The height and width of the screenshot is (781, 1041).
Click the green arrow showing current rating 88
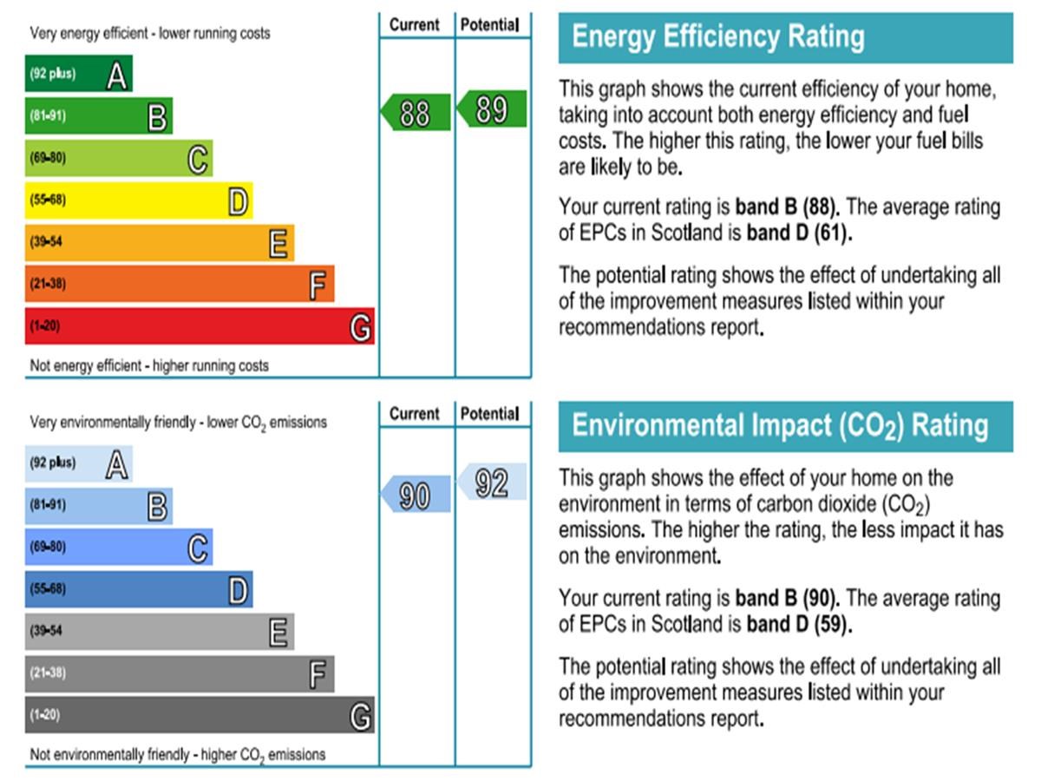click(x=416, y=113)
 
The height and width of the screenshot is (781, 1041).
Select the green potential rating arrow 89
click(x=492, y=109)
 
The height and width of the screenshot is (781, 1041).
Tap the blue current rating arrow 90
click(x=416, y=495)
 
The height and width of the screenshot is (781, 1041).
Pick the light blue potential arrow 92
click(x=492, y=482)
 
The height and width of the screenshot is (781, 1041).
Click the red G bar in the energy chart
click(x=200, y=326)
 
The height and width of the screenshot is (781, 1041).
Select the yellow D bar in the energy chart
click(x=139, y=200)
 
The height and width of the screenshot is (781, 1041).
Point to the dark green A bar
click(x=78, y=74)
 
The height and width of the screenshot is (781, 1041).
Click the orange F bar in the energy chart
click(x=179, y=284)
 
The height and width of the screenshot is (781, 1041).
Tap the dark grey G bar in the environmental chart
click(x=200, y=715)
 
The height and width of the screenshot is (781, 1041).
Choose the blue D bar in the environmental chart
click(x=139, y=589)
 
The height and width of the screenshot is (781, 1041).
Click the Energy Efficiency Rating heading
click(x=718, y=37)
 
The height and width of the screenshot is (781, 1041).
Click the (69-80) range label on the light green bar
click(x=49, y=158)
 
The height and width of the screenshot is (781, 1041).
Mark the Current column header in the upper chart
click(x=415, y=24)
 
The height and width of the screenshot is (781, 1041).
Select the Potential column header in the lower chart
click(x=490, y=414)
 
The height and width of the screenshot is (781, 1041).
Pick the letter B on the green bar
click(x=157, y=116)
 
